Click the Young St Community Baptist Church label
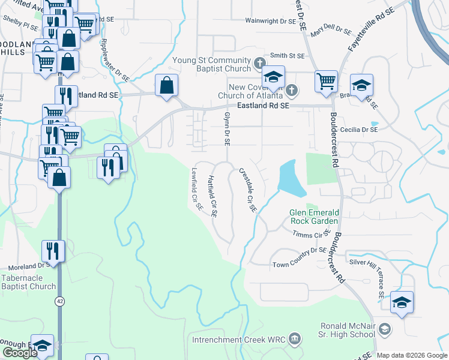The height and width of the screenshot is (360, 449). pos(212,64)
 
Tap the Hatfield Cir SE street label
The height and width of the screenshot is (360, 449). pos(211,195)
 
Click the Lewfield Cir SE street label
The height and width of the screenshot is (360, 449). pos(196,188)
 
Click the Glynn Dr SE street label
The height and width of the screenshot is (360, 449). pos(227,129)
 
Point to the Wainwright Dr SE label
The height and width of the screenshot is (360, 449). pos(271,20)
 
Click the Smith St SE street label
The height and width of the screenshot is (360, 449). pos(287,55)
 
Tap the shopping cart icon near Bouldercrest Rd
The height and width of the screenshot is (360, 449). pos(326,80)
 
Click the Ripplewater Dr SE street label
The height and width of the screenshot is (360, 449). pos(116,60)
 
